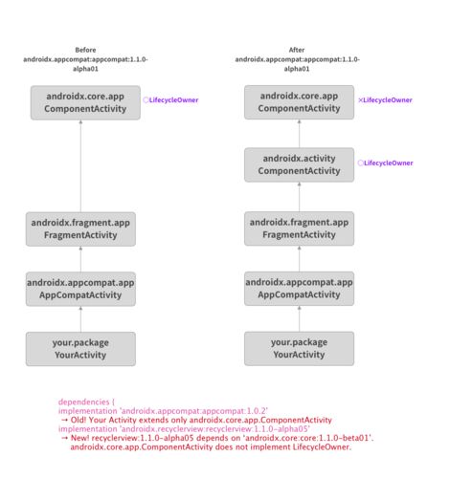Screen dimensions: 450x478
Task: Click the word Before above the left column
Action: tap(85, 50)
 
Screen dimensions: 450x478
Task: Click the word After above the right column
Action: tap(297, 50)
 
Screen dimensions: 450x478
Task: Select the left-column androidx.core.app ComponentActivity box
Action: tap(85, 102)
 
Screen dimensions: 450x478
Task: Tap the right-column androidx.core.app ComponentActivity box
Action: tap(299, 102)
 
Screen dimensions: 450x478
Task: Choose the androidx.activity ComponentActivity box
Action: tap(299, 164)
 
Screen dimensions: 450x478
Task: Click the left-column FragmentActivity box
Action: tap(80, 229)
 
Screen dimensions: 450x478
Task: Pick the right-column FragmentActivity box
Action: tap(299, 228)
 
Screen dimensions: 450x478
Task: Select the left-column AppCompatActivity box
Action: tap(80, 289)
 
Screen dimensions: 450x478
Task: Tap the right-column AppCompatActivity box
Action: tap(299, 289)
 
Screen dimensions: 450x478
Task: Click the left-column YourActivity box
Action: tap(80, 349)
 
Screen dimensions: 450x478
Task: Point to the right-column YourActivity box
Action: tap(299, 348)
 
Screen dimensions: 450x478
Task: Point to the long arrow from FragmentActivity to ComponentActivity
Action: tap(80, 166)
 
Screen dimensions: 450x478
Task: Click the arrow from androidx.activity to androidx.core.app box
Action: tap(299, 134)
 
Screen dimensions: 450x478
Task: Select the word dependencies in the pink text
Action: tap(84, 402)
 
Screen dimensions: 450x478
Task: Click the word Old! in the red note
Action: tap(79, 420)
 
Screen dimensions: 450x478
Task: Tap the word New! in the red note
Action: tap(79, 438)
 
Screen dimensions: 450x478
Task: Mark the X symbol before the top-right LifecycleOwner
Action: tap(360, 100)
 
